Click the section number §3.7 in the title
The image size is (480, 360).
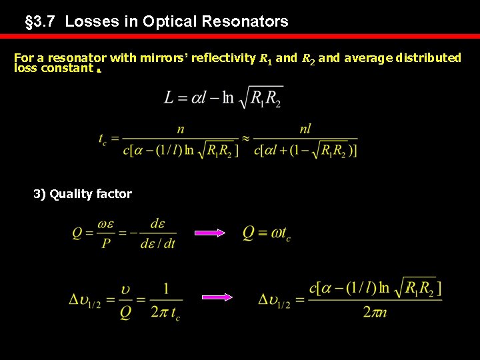click(x=39, y=21)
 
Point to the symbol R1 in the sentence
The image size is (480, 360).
click(x=265, y=59)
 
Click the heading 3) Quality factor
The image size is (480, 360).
click(x=83, y=194)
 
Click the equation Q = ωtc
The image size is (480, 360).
click(x=267, y=233)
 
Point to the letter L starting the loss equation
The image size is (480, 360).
click(x=170, y=97)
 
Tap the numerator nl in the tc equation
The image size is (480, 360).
click(x=305, y=129)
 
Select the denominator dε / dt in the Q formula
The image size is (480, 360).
click(x=157, y=244)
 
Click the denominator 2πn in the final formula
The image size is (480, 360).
click(x=375, y=312)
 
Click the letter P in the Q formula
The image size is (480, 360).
click(x=106, y=244)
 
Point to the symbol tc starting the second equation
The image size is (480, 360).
click(x=102, y=140)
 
